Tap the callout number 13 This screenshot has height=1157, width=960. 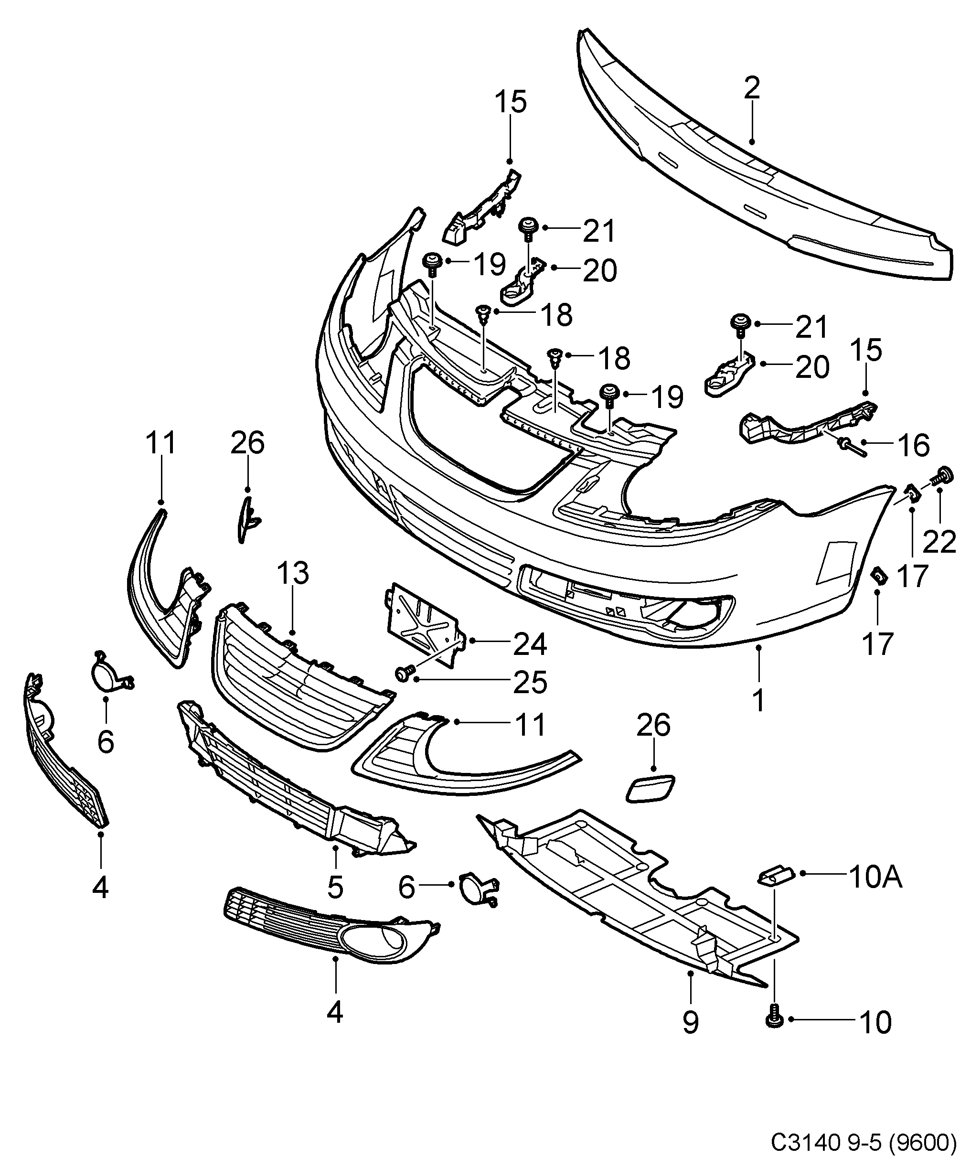[x=292, y=574]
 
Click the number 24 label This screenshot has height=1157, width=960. [x=529, y=644]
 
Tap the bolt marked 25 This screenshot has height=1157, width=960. [x=403, y=673]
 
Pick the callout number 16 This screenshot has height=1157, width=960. [x=914, y=445]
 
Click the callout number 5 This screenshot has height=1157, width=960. [x=335, y=887]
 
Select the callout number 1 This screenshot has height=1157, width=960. [x=758, y=700]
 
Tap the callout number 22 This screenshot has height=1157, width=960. [x=939, y=543]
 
